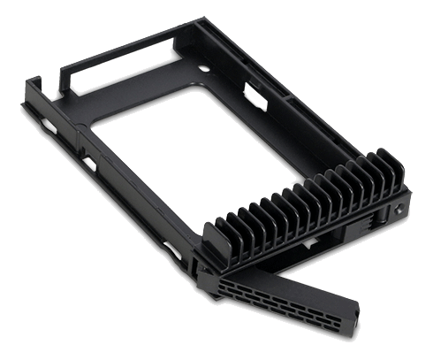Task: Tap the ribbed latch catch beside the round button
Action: pyautogui.click(x=382, y=214)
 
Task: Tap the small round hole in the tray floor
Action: pyautogui.click(x=205, y=68)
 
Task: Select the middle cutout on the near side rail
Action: pyautogui.click(x=89, y=165)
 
